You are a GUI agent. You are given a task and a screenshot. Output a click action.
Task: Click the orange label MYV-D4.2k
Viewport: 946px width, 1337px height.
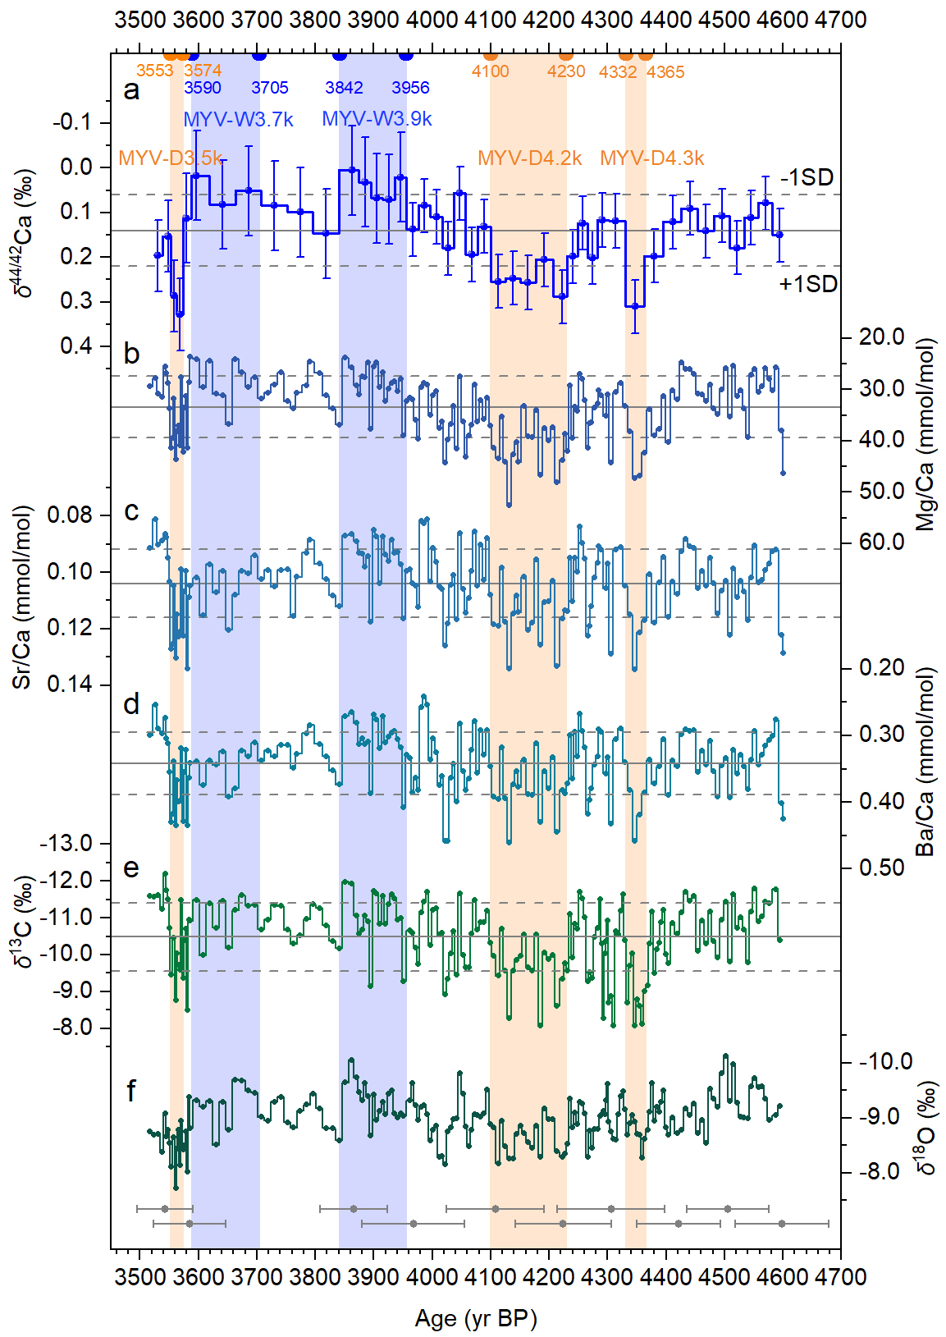(x=529, y=158)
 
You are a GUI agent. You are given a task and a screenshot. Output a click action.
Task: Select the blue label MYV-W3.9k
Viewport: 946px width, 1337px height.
(x=377, y=119)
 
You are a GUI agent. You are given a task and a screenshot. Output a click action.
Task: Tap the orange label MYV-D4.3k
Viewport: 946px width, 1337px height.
(x=651, y=158)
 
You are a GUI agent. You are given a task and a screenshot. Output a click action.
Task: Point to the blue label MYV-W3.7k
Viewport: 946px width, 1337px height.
(x=238, y=119)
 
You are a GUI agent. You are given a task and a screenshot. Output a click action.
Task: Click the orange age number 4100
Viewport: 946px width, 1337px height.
(x=490, y=71)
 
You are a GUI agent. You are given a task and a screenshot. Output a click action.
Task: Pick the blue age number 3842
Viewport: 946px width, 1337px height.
(x=344, y=88)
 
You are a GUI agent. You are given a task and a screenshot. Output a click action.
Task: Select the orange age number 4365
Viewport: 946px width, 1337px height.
(x=665, y=72)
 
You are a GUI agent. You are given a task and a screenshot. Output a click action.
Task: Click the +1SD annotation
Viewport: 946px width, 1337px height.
(x=807, y=284)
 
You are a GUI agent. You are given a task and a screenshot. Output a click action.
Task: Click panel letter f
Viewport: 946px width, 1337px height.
(x=130, y=1091)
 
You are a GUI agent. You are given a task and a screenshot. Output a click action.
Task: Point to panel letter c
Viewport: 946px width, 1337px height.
(x=130, y=511)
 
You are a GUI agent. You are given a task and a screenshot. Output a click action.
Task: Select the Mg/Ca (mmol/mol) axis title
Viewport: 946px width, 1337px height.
(x=925, y=434)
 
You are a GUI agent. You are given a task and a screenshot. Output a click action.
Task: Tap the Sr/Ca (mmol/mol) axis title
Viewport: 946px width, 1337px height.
(x=21, y=597)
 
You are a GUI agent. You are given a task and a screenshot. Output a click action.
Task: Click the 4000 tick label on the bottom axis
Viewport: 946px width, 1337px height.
(x=432, y=1277)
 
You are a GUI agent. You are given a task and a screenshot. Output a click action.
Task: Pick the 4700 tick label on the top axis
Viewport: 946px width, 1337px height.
(x=840, y=19)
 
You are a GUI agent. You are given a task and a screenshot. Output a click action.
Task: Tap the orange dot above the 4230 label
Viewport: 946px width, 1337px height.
(x=565, y=55)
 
